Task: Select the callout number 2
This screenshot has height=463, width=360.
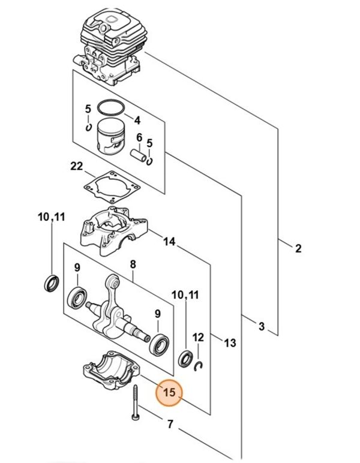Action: point(298,248)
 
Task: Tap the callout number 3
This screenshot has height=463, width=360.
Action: point(261,326)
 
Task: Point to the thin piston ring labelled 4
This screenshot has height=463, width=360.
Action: point(109,109)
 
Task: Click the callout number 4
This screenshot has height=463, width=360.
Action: point(137,119)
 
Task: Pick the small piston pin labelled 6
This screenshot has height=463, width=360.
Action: point(139,155)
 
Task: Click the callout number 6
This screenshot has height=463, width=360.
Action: point(139,137)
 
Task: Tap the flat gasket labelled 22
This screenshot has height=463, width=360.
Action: point(110,185)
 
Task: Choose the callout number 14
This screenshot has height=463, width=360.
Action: point(169,242)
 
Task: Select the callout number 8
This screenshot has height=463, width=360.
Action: point(133,263)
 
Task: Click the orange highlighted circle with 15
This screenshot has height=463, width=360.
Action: point(169,393)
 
